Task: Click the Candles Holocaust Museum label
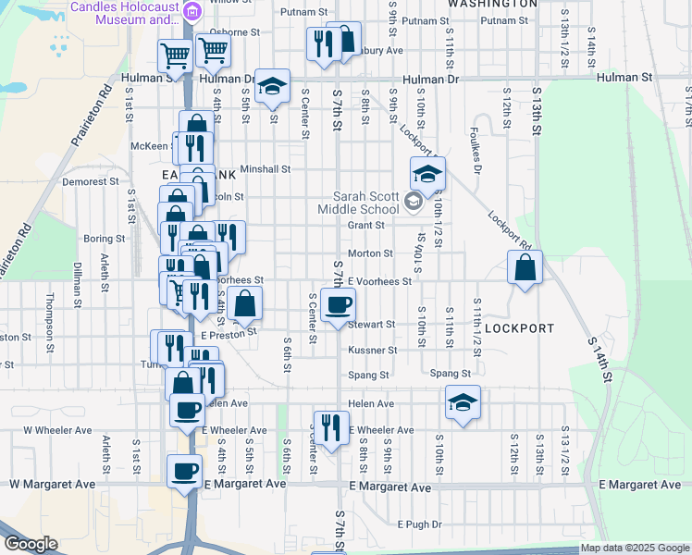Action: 126,12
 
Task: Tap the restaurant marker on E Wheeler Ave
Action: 330,427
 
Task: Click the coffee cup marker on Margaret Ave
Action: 184,472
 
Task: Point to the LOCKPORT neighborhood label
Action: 519,328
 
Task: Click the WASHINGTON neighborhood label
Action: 492,4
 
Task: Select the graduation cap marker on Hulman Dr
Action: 272,86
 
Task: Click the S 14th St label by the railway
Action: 601,356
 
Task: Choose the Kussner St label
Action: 372,351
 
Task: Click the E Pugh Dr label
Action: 420,524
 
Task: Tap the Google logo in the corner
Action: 31,544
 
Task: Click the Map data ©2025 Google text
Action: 635,548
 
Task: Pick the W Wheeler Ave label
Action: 57,430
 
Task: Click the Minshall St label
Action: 266,170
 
